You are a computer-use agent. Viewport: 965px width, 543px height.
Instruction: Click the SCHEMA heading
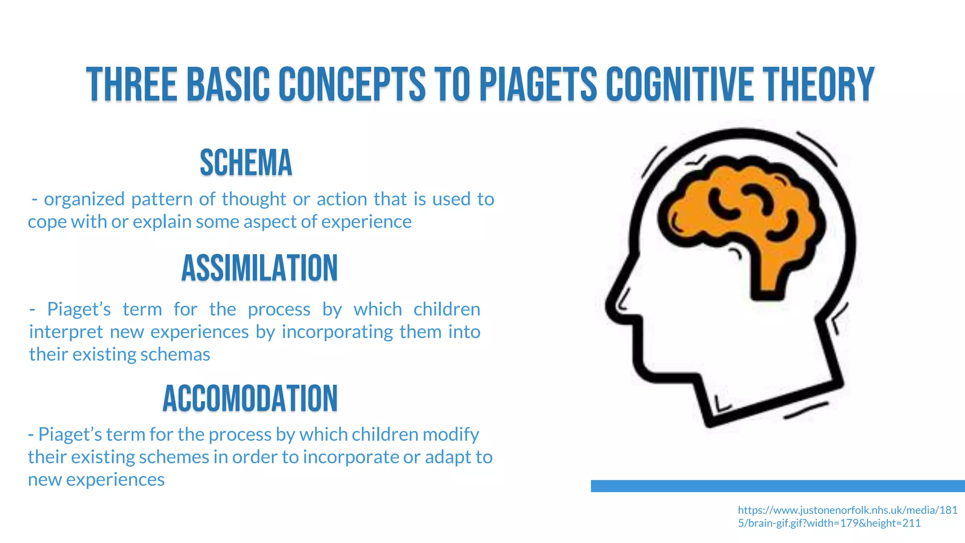coord(246,163)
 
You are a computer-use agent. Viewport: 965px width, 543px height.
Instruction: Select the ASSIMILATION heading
coord(260,268)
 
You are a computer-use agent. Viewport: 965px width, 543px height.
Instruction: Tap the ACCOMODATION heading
coord(250,398)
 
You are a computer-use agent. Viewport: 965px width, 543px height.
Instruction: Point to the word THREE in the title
coord(131,84)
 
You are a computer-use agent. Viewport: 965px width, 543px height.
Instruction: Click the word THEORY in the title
coord(818,84)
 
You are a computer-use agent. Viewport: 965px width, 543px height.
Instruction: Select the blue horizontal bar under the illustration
coord(777,486)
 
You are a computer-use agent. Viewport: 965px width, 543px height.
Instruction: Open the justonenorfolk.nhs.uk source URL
coord(847,516)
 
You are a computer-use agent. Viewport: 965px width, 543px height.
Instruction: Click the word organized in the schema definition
coord(84,199)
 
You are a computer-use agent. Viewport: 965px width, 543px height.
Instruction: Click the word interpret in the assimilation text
coord(66,332)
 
